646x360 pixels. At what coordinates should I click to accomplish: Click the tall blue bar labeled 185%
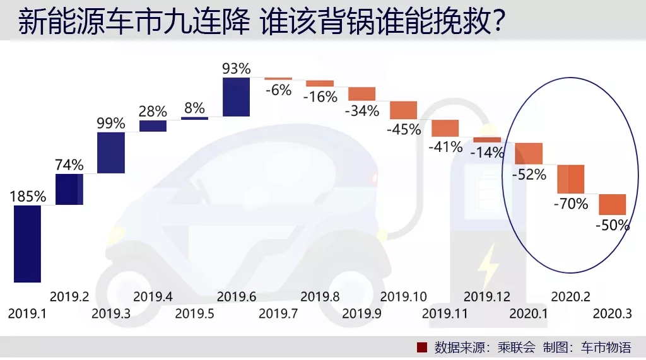point(27,243)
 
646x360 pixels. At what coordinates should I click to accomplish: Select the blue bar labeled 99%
point(111,152)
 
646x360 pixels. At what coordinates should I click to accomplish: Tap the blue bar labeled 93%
point(237,96)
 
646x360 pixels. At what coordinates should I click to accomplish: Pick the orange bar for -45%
point(403,110)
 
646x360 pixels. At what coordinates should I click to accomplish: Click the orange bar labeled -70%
point(570,179)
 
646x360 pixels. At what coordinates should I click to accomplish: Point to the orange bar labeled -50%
point(612,204)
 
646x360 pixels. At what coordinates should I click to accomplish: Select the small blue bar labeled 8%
point(194,118)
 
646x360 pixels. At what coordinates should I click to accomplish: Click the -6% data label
point(278,90)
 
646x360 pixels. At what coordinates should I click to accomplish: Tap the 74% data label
point(69,165)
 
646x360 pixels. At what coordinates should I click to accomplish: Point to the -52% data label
point(529,175)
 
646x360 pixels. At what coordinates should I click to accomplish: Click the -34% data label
point(362,111)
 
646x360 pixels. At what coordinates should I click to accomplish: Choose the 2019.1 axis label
point(27,313)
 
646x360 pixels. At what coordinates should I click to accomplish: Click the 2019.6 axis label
point(236,296)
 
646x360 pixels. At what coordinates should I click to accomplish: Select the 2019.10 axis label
point(404,296)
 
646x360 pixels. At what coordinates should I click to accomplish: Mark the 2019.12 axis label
point(487,296)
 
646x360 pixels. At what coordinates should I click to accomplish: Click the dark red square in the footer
point(423,347)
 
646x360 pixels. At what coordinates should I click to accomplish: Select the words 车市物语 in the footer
point(606,347)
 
